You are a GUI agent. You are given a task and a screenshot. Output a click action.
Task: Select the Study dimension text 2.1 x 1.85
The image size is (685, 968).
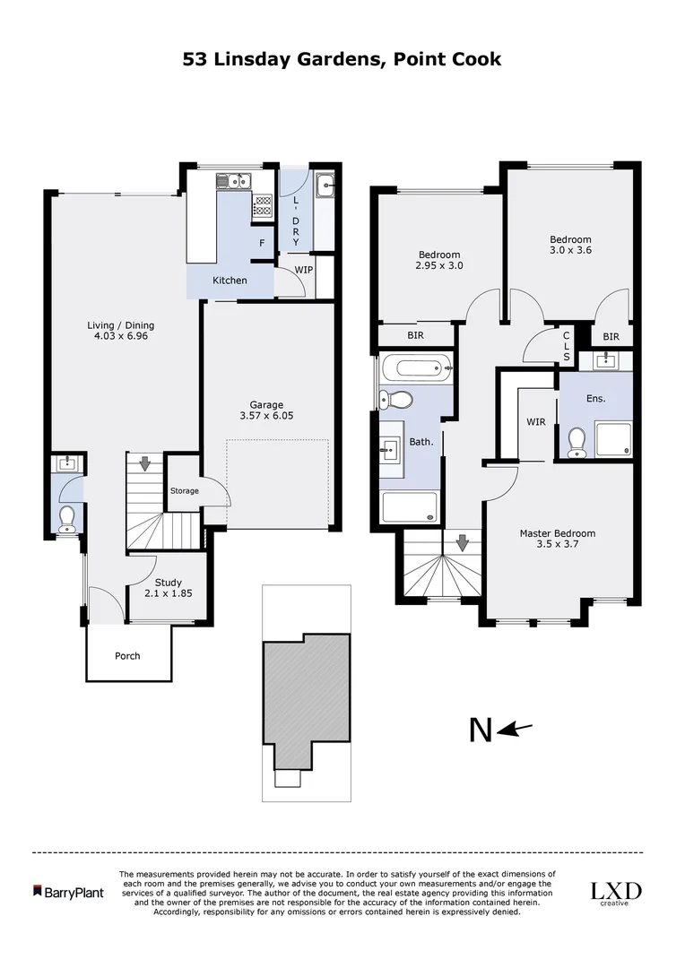169,592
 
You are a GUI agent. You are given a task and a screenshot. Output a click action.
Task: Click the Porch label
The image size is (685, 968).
127,655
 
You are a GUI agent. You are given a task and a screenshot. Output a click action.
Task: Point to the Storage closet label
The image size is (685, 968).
184,490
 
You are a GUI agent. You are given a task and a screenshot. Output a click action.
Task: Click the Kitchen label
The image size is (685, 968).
230,281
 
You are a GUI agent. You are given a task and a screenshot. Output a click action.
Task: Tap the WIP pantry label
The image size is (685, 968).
304,269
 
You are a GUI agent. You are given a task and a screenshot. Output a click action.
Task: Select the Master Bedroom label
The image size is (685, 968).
557,533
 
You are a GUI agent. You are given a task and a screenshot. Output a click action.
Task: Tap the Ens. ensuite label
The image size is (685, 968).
595,398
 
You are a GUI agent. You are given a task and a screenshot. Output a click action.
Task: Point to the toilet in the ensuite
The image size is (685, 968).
577,441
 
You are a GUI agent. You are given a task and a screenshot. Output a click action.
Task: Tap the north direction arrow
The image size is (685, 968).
515,730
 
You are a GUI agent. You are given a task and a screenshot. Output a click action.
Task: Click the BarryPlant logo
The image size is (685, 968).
68,892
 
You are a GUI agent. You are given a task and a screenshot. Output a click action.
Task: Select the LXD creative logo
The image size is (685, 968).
615,893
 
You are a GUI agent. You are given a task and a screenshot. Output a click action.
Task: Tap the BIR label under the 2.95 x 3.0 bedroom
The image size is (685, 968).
415,335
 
